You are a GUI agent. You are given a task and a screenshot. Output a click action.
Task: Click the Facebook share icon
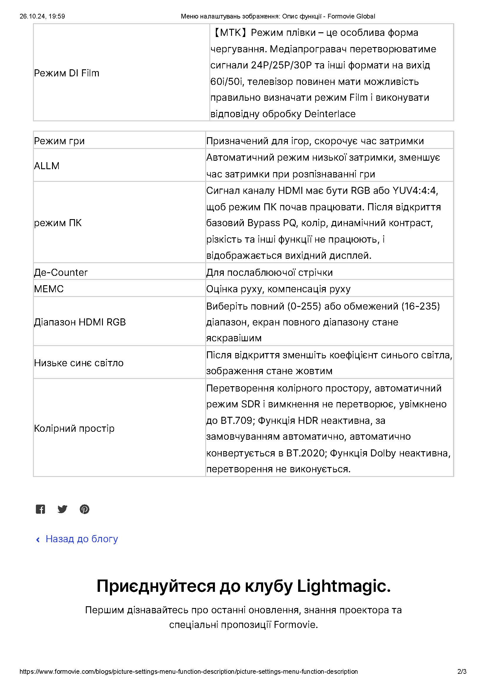tap(40, 509)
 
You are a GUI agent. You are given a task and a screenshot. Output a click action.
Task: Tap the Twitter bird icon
tap(62, 509)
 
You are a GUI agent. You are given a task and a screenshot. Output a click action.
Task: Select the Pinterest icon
tap(84, 509)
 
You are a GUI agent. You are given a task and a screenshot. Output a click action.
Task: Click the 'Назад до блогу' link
tap(81, 539)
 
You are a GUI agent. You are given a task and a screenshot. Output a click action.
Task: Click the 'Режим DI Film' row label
tap(66, 73)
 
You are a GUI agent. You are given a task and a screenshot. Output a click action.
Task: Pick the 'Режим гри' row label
tap(59, 141)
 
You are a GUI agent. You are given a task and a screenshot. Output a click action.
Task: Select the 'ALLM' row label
tap(47, 166)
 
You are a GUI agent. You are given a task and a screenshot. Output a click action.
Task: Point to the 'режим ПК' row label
tap(58, 223)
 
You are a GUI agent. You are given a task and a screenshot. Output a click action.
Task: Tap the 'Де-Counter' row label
tap(61, 272)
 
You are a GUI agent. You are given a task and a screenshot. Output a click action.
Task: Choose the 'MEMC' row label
tap(49, 289)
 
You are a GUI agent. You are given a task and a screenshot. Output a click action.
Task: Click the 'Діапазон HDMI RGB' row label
tap(80, 322)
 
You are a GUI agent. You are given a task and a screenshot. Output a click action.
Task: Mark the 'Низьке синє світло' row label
tap(79, 363)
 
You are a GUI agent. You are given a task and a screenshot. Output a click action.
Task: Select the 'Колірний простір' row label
tap(74, 429)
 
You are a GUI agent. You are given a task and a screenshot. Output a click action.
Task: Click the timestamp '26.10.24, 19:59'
tap(42, 16)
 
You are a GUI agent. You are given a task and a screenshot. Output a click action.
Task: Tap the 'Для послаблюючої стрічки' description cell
tap(270, 273)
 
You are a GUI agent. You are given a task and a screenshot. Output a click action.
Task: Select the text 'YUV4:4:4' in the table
tap(415, 191)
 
